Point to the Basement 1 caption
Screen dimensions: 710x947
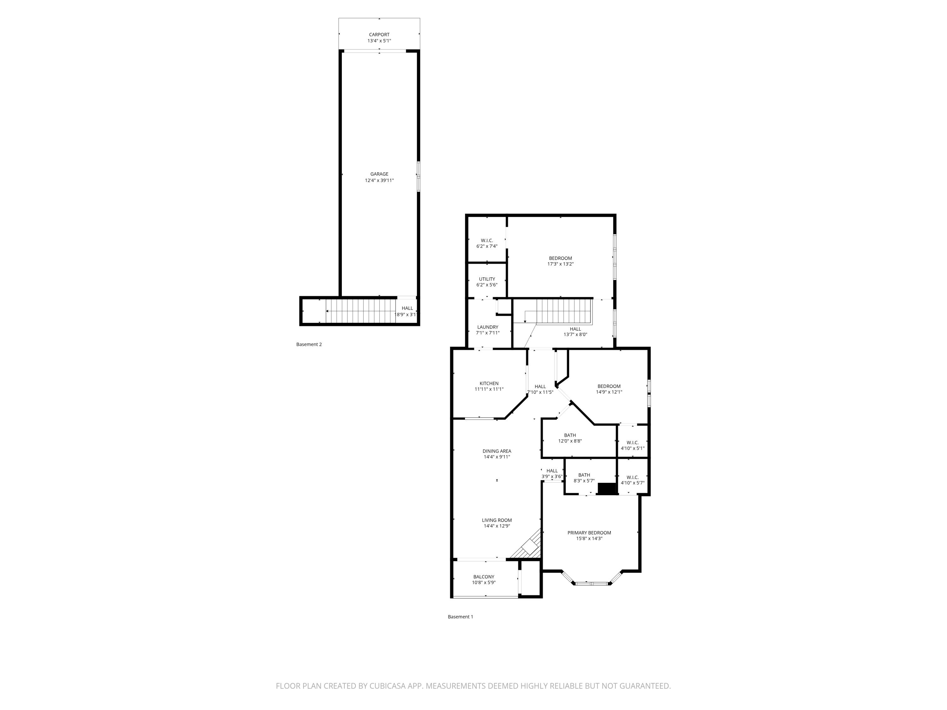tap(460, 617)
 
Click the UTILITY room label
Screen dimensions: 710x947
tap(487, 279)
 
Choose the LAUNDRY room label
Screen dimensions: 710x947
tap(488, 327)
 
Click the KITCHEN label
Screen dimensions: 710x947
tap(489, 383)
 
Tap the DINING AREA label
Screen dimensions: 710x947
tap(497, 451)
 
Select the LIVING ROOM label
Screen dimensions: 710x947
tap(497, 520)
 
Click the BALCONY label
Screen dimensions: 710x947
tap(484, 577)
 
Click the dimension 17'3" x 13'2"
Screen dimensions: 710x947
tap(560, 264)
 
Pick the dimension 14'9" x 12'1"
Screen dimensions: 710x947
tap(609, 392)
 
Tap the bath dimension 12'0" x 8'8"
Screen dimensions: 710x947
tap(570, 441)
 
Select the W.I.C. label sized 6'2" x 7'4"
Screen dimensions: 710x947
tap(487, 240)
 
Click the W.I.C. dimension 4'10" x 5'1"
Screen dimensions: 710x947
tap(632, 448)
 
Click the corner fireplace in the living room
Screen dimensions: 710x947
tap(530, 547)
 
